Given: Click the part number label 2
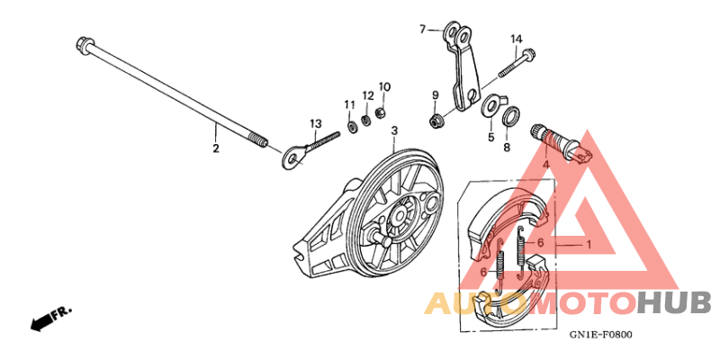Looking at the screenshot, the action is click(215, 148).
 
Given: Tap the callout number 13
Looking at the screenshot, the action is click(316, 123).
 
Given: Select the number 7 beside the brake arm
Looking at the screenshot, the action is click(423, 30).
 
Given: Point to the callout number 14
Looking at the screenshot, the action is click(516, 39).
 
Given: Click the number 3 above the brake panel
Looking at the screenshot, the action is click(394, 131).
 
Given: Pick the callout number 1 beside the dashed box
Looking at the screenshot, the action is click(589, 245).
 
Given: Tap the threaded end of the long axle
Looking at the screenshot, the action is click(259, 139).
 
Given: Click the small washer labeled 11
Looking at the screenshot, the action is click(351, 126).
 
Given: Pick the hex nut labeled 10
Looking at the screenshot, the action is click(380, 112).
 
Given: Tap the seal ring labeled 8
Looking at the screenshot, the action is click(511, 115).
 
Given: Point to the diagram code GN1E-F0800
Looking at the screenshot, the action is click(600, 335).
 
